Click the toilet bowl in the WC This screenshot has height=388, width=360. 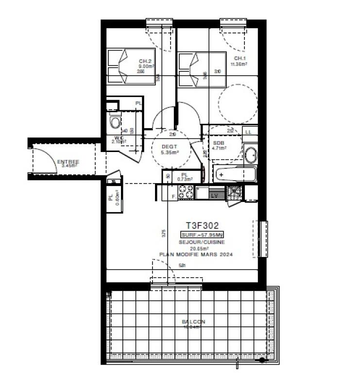click(x=115, y=121)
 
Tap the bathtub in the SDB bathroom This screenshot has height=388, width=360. click(x=234, y=174)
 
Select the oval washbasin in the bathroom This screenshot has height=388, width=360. click(x=251, y=155)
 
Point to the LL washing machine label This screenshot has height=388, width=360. click(x=248, y=132)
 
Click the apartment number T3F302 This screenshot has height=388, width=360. click(x=203, y=225)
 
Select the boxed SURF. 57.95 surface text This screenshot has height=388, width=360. click(x=203, y=235)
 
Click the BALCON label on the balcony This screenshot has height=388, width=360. click(x=193, y=321)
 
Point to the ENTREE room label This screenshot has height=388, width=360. click(x=69, y=162)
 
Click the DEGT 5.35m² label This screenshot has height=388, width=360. click(x=170, y=150)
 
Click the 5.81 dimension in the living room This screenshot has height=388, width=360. click(x=182, y=265)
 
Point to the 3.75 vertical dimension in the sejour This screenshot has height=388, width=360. click(x=164, y=233)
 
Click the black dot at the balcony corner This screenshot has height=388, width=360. click(x=262, y=360)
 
